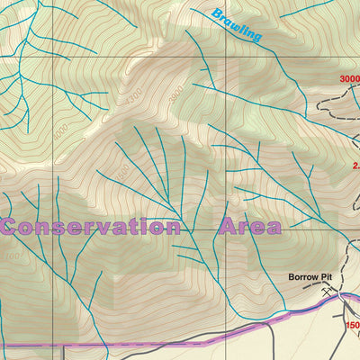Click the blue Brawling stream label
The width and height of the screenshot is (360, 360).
coord(237,26)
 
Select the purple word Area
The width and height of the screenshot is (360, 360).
coord(247,227)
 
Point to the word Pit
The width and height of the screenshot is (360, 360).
coord(331,277)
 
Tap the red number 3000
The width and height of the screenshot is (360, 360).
coord(349,79)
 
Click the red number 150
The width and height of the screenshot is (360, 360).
coord(352,326)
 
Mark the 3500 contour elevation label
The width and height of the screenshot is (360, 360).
coord(121,171)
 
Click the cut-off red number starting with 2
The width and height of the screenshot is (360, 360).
coord(355,165)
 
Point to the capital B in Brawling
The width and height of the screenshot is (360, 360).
coord(216,15)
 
